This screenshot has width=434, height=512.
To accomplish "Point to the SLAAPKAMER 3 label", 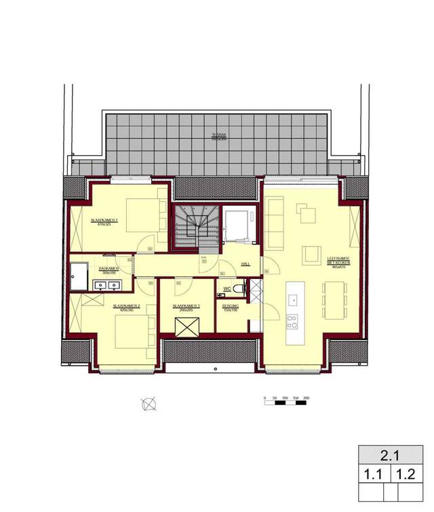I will [186, 306].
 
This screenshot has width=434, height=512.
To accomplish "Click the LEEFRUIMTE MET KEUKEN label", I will [337, 260].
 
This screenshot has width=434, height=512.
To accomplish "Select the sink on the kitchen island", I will [294, 299].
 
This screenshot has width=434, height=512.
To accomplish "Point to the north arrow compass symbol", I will [149, 404].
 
